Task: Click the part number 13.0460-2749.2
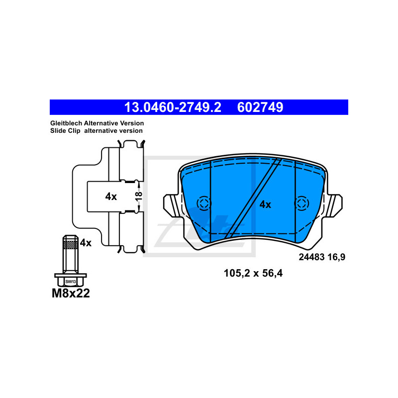pos(173,107)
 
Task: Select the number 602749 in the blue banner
pos(260,107)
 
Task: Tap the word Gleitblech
pos(66,123)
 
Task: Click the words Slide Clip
pos(65,131)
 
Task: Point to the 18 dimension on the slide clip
pos(139,196)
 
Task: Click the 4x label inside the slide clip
pos(111,197)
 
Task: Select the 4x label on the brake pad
pos(265,204)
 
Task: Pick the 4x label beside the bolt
pos(86,243)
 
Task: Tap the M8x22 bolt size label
pos(71,294)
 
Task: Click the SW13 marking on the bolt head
pos(71,282)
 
